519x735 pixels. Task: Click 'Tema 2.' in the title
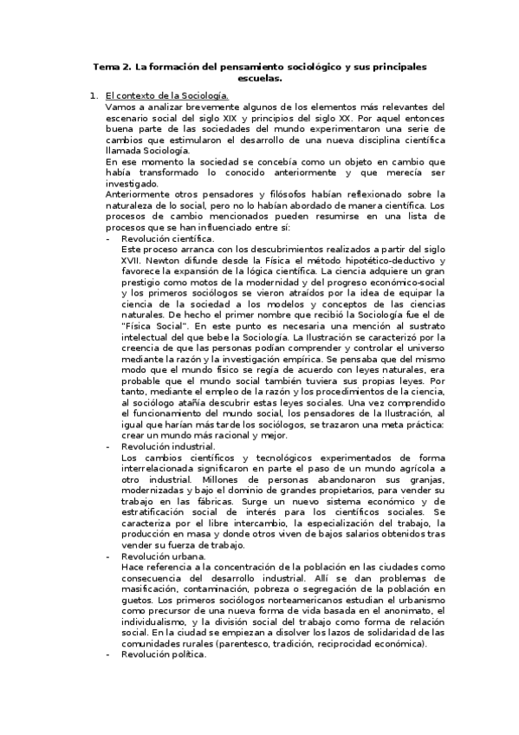pos(110,66)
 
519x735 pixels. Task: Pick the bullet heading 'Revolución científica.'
pos(167,238)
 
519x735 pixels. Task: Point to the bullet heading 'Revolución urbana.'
pos(162,556)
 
